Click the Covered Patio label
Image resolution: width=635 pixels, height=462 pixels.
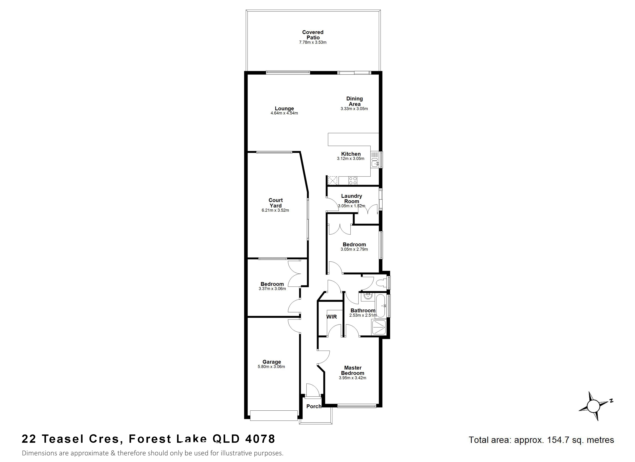point(313,35)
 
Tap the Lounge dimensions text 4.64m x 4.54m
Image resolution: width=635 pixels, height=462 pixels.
point(284,113)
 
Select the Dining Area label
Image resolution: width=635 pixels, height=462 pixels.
point(354,101)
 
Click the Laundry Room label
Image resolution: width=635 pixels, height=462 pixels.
point(352,198)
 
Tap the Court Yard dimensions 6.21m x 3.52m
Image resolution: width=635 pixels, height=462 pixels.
point(275,210)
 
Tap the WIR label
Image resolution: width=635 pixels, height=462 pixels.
point(332,317)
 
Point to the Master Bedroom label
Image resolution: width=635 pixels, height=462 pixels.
point(353,370)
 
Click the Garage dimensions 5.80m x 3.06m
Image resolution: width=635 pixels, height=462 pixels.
point(271,367)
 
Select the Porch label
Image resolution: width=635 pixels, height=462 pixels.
point(314,406)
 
